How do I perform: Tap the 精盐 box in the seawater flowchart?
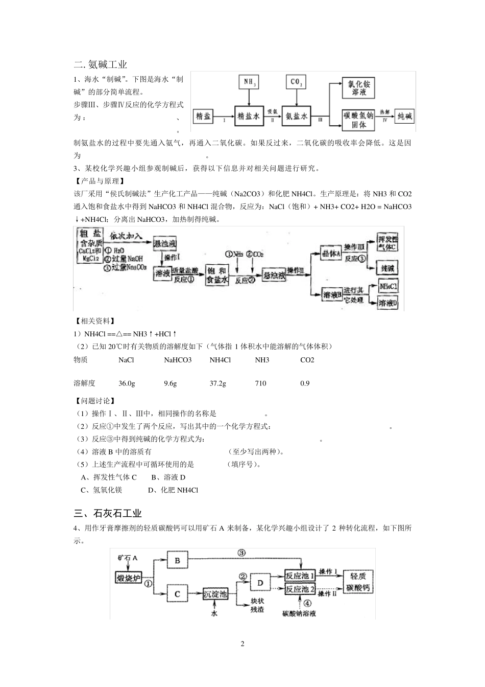pos(203,117)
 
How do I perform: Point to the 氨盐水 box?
pos(296,117)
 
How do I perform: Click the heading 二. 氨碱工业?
pos(101,64)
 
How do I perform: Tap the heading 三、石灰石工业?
pos(108,513)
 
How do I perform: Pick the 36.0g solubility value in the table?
pos(127,383)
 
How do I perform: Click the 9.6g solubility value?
pos(170,383)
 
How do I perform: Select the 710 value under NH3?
pos(260,383)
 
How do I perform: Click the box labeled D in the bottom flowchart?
pos(260,582)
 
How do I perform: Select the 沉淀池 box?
pos(215,594)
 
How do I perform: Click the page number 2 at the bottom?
pos(243,644)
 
